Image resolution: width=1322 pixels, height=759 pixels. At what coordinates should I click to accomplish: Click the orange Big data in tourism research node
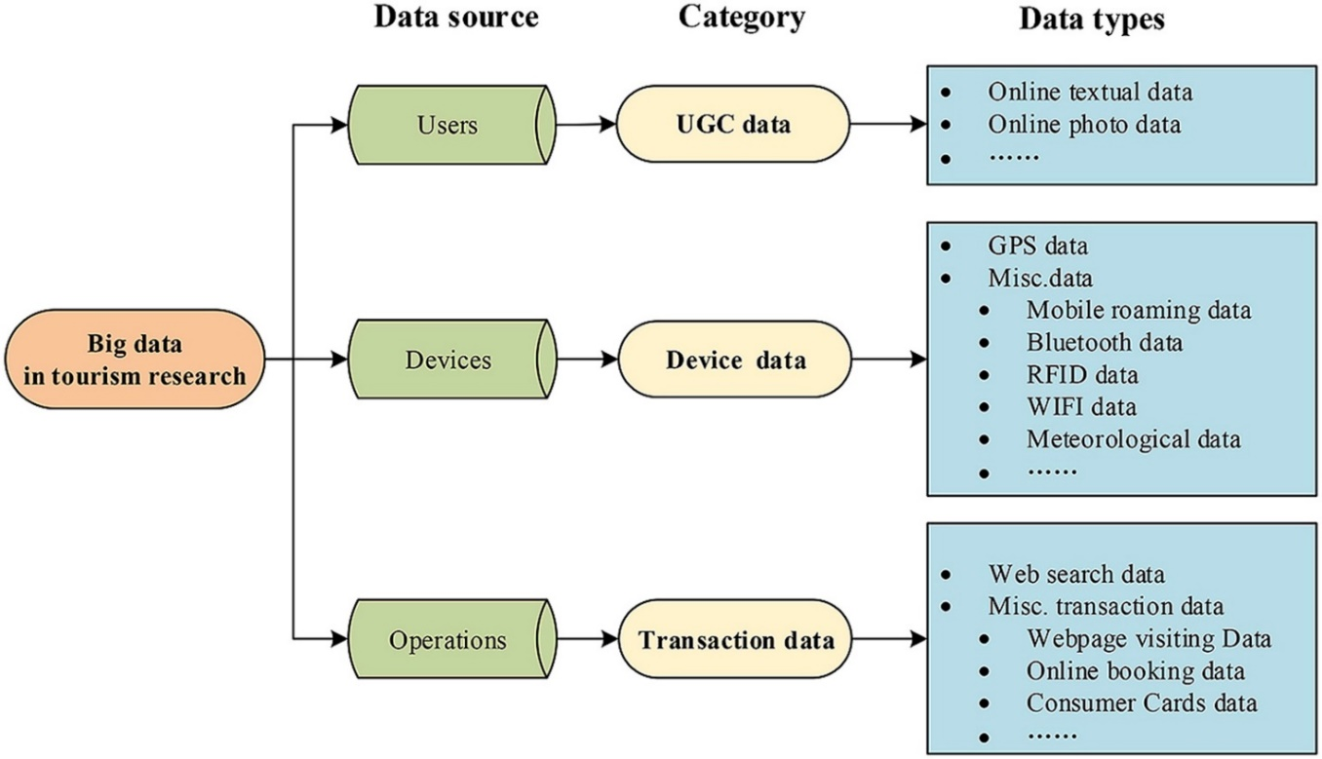[135, 360]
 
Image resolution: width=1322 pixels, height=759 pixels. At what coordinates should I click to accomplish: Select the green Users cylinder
[452, 125]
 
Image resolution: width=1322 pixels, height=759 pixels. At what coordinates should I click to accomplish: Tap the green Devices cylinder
[452, 360]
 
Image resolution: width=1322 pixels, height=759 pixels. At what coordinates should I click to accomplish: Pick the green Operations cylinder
[452, 639]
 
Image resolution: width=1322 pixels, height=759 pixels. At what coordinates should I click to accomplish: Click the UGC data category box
[733, 124]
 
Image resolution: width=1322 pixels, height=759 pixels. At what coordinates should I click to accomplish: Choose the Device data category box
[735, 360]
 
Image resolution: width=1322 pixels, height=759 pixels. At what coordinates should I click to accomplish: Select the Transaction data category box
[735, 639]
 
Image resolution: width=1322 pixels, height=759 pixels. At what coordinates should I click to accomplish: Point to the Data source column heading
[456, 18]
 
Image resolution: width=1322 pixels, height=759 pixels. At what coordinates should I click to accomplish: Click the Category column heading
[742, 18]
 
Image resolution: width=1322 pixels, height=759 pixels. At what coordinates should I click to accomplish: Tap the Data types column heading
[1092, 19]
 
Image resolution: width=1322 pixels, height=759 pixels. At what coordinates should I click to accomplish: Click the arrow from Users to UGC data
[586, 125]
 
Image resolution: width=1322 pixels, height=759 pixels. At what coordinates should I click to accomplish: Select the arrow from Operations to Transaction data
[587, 639]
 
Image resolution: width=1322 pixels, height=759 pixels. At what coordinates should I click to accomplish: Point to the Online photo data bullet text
[1084, 125]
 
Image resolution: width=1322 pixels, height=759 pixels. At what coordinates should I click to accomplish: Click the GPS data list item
[1037, 246]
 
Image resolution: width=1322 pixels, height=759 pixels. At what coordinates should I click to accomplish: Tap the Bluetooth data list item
[1105, 343]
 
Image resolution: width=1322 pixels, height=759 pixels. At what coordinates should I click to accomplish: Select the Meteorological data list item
[1133, 439]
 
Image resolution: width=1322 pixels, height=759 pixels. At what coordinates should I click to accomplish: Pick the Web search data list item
[1076, 574]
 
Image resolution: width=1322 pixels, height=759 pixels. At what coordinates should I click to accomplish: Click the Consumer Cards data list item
[1142, 702]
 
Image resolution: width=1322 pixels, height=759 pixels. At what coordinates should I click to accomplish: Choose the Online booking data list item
[1135, 671]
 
